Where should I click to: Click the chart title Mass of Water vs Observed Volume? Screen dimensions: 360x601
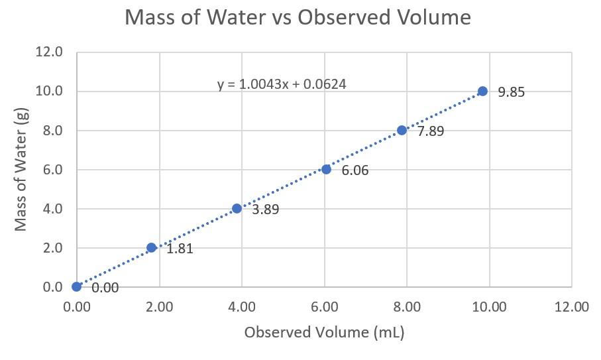tap(298, 18)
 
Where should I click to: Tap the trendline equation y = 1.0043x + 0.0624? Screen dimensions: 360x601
tap(282, 84)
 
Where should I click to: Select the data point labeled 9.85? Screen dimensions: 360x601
tap(482, 91)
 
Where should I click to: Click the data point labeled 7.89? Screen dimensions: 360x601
tap(402, 131)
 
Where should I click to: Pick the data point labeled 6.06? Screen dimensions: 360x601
tap(326, 169)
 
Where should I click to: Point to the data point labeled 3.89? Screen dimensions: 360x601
tap(237, 208)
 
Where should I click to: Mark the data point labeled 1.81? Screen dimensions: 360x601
tap(151, 247)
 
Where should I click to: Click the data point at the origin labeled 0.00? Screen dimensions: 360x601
tap(77, 286)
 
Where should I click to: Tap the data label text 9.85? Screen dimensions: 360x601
tap(511, 92)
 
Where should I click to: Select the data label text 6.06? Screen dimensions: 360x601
tap(355, 171)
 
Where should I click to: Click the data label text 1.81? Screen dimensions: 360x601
tap(180, 249)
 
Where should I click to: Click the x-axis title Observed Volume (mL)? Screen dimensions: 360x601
tap(324, 332)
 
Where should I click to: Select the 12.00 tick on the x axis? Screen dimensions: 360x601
tap(571, 307)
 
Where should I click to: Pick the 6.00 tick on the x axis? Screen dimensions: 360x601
tap(324, 307)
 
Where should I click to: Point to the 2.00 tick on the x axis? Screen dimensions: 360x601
tap(159, 307)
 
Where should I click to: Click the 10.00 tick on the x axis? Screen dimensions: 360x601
tap(489, 307)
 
